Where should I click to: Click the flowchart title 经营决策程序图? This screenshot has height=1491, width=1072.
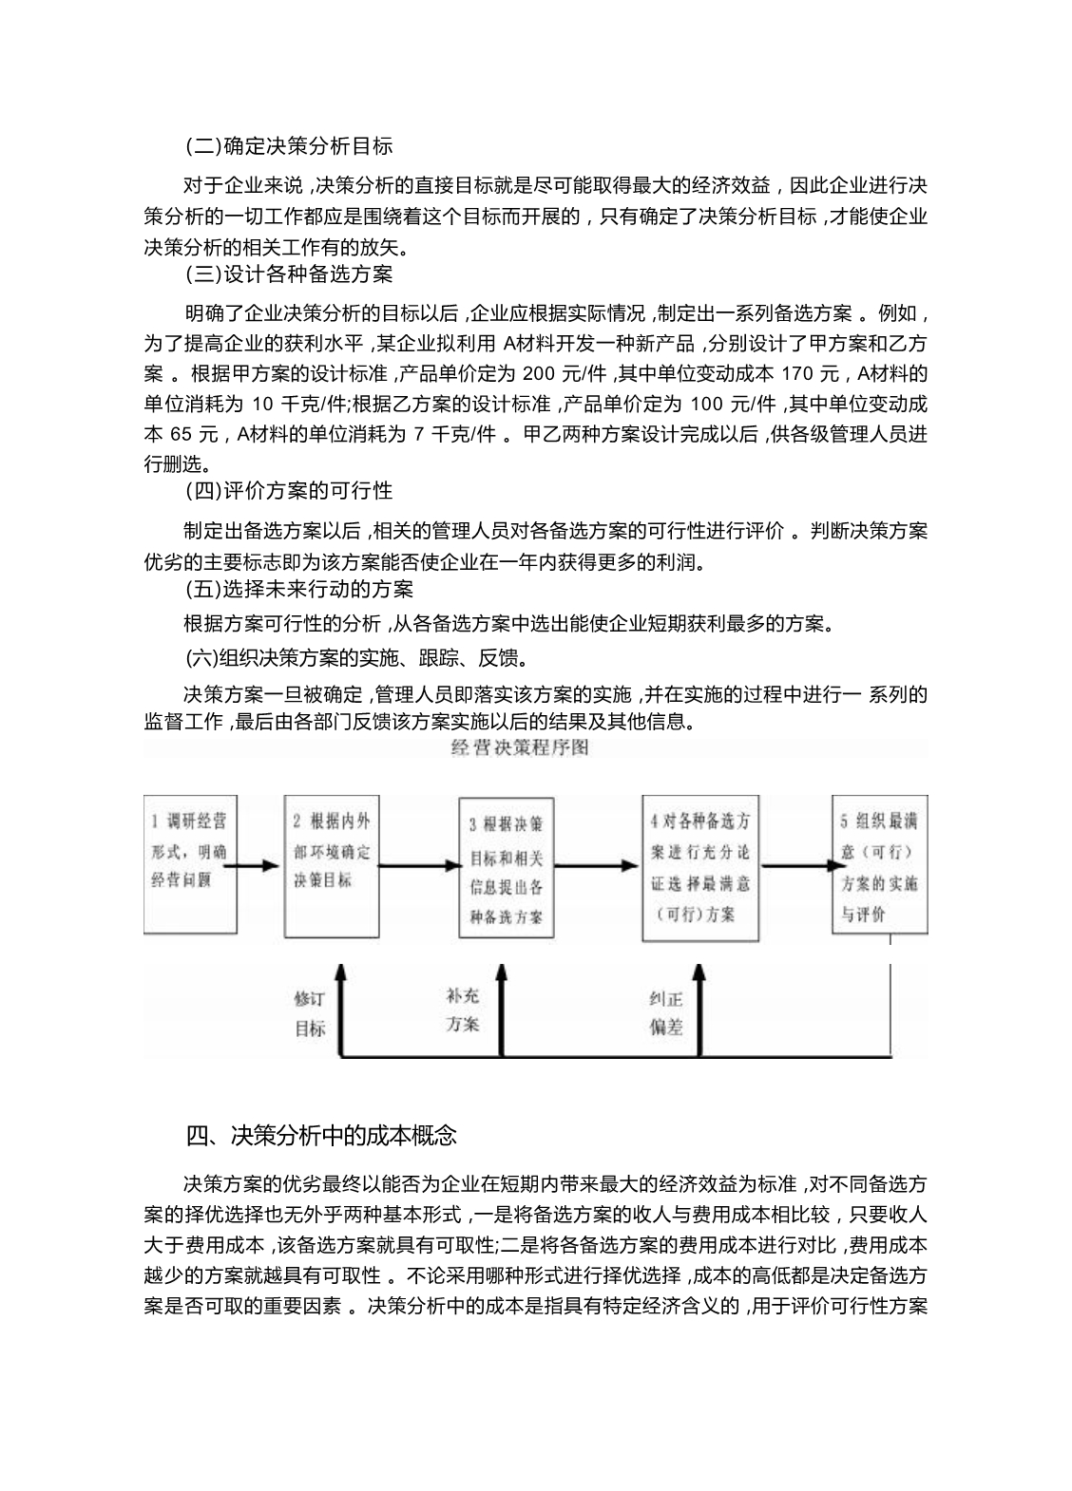pos(520,747)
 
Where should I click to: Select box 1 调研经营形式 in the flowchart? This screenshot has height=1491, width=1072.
pos(187,852)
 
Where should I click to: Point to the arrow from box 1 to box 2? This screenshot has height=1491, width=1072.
pos(257,866)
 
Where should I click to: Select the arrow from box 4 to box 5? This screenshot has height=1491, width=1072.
pos(796,865)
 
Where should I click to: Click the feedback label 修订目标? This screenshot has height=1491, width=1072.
pos(310,1013)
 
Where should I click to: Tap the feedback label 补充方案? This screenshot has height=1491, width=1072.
pos(463,1010)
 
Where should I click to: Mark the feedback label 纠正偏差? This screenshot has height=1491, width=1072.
pos(666,1013)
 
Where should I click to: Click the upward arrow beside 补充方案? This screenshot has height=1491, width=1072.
pos(504,1007)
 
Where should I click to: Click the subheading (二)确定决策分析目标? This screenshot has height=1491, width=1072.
pos(289,146)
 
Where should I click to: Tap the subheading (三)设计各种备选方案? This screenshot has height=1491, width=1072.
pos(289,274)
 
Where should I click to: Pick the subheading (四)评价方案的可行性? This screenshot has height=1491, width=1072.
pos(289,491)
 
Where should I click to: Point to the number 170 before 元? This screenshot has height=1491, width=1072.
pos(794,372)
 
